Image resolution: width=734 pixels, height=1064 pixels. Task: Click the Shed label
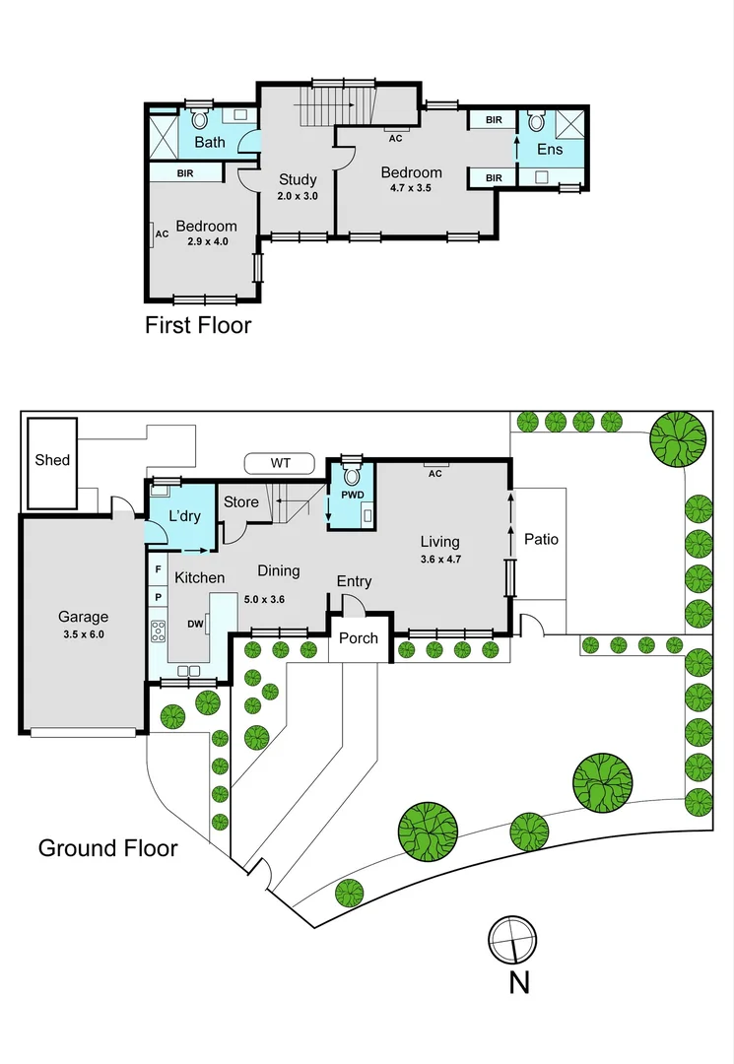click(x=52, y=459)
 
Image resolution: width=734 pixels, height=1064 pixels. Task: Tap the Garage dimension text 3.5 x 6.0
click(x=83, y=634)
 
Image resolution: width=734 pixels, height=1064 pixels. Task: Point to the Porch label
click(x=359, y=637)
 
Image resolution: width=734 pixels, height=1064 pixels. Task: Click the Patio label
click(x=541, y=539)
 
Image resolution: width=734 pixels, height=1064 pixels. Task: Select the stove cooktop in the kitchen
click(x=158, y=630)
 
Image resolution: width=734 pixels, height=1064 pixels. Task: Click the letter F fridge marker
click(x=158, y=568)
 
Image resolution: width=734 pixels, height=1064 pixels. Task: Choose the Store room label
click(x=241, y=502)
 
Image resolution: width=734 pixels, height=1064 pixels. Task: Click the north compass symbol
click(x=515, y=940)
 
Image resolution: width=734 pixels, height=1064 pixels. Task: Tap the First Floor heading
click(x=198, y=325)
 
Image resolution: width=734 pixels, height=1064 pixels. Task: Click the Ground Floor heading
click(x=107, y=847)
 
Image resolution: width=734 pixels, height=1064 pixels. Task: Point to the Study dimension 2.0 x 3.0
click(x=297, y=196)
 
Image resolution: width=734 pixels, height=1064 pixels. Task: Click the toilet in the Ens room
click(x=536, y=122)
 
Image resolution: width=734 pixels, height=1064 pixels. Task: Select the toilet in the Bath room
click(x=201, y=119)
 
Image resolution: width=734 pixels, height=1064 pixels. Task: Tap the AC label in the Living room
click(x=434, y=473)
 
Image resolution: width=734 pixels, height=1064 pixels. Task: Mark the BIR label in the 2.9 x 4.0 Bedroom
click(x=185, y=173)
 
